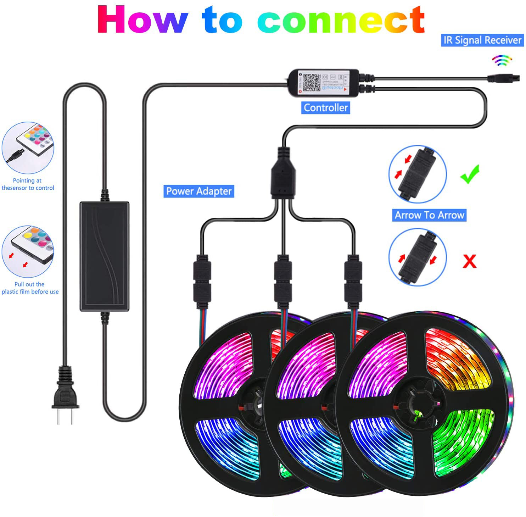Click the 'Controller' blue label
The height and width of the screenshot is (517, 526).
click(x=325, y=107)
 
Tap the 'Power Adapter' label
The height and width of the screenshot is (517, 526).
click(x=198, y=191)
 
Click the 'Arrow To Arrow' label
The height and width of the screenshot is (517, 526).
click(x=429, y=215)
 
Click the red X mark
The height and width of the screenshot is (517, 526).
click(x=470, y=261)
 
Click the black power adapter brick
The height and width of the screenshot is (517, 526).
click(x=104, y=256)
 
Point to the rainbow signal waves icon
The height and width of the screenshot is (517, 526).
click(x=502, y=61)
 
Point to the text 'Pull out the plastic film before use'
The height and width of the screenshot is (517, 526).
click(x=30, y=288)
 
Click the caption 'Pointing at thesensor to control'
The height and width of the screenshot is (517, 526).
click(x=28, y=184)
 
